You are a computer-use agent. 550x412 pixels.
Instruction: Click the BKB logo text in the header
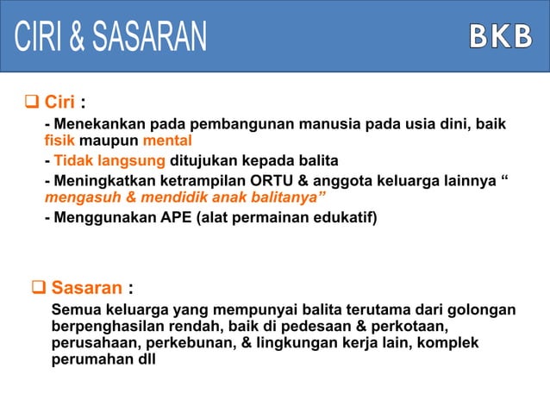coord(500,35)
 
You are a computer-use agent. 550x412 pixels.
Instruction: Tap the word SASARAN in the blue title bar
coord(149,35)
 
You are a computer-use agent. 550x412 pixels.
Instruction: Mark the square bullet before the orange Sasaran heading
coord(39,286)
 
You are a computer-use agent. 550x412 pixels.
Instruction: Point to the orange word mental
coord(167,141)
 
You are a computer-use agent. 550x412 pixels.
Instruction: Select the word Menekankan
coord(97,126)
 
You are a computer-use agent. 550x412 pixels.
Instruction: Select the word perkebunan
coord(191,343)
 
